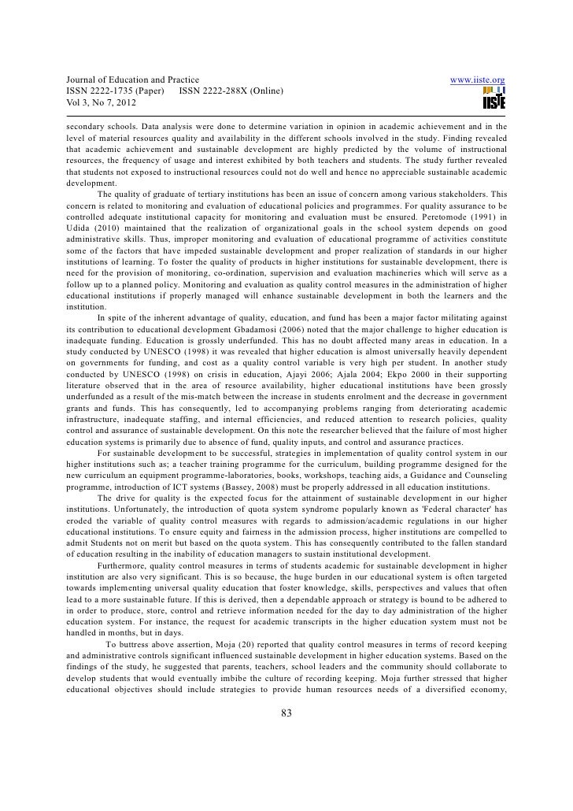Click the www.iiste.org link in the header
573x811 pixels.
476,80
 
